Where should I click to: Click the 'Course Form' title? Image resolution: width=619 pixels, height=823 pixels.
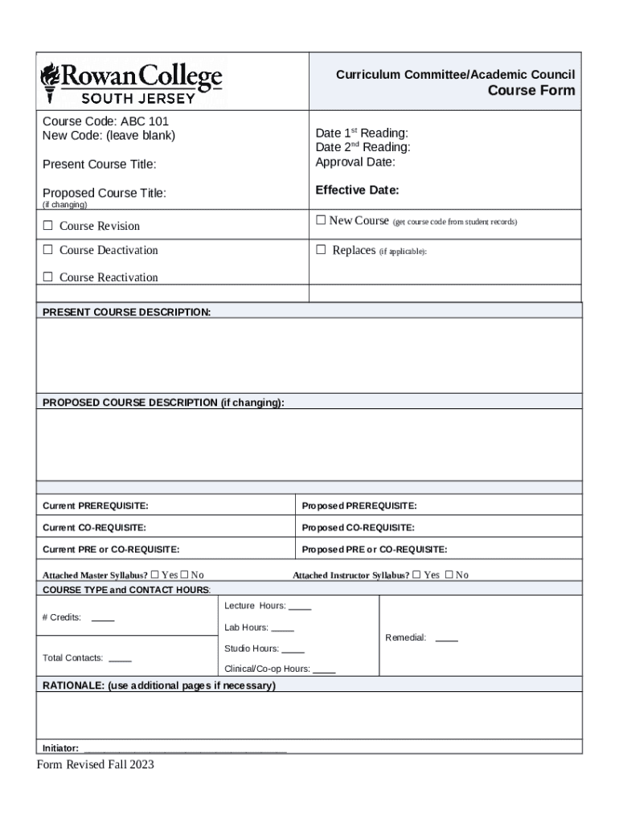[531, 90]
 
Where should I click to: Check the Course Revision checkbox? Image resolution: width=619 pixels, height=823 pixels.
[47, 226]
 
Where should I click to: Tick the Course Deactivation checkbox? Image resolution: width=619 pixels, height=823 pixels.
[47, 250]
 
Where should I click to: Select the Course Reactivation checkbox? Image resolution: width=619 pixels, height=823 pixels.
[47, 277]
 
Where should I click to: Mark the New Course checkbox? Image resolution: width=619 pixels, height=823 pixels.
[321, 220]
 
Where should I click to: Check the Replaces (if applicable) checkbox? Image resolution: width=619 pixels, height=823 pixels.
[321, 250]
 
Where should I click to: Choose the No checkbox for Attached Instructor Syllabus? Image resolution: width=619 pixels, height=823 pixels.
[449, 575]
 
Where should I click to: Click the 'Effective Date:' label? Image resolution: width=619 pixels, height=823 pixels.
[357, 190]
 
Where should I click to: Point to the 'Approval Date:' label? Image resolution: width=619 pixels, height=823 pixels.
[355, 162]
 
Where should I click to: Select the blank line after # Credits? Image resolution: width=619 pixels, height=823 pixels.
[103, 619]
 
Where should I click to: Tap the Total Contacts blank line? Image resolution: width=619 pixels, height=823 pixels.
[120, 658]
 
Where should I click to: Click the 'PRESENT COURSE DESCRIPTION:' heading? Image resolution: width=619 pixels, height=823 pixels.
[126, 312]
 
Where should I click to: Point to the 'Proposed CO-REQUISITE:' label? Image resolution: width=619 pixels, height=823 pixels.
[358, 528]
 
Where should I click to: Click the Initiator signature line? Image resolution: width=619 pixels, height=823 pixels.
[185, 747]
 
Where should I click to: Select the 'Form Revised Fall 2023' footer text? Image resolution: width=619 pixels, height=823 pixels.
[95, 764]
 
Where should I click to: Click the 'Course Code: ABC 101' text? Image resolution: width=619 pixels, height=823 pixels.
[105, 121]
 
